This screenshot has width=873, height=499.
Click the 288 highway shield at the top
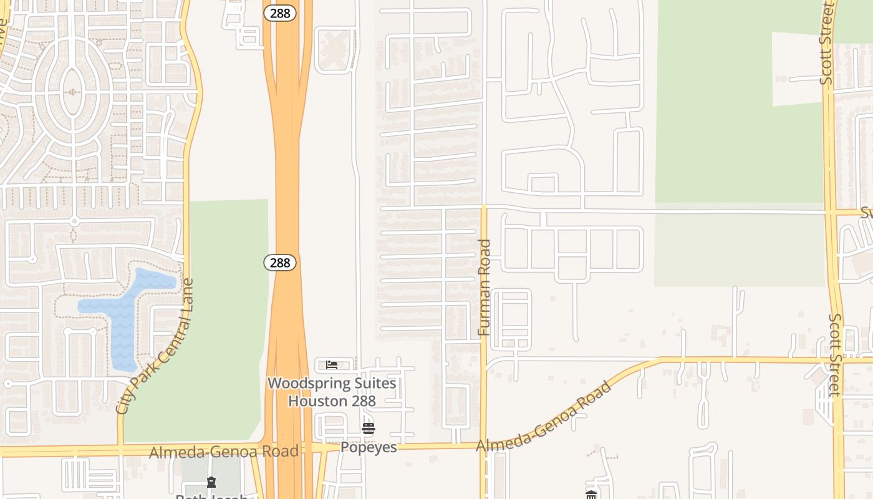click(279, 13)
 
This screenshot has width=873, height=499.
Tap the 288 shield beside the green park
click(280, 263)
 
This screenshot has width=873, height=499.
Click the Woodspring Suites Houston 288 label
click(332, 392)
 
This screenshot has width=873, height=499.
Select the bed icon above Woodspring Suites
click(332, 365)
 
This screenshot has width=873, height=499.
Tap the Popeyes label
click(368, 447)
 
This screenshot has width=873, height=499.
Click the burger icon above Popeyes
click(368, 429)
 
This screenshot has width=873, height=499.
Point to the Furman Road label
click(485, 288)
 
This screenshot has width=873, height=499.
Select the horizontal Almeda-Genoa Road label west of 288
click(223, 452)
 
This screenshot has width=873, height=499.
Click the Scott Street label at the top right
click(827, 44)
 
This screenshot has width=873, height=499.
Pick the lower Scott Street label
click(835, 354)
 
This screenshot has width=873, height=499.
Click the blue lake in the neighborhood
click(125, 312)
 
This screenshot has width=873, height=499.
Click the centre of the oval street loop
click(73, 92)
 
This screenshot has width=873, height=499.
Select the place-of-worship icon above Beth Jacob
click(211, 482)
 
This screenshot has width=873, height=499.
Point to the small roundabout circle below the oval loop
click(74, 221)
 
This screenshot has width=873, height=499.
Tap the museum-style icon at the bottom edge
click(591, 495)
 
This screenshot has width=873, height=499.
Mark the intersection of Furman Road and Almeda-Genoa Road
click(483, 445)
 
